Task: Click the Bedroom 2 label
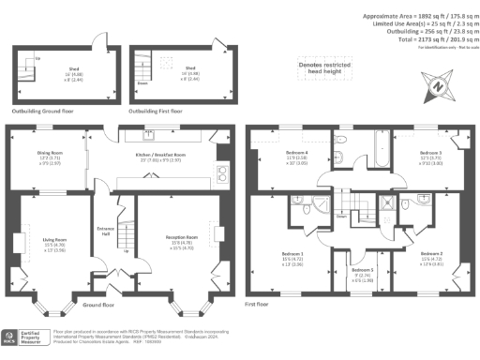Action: [430, 254]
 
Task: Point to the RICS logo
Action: [18, 338]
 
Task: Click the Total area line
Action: [427, 39]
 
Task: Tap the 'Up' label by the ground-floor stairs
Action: [127, 250]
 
